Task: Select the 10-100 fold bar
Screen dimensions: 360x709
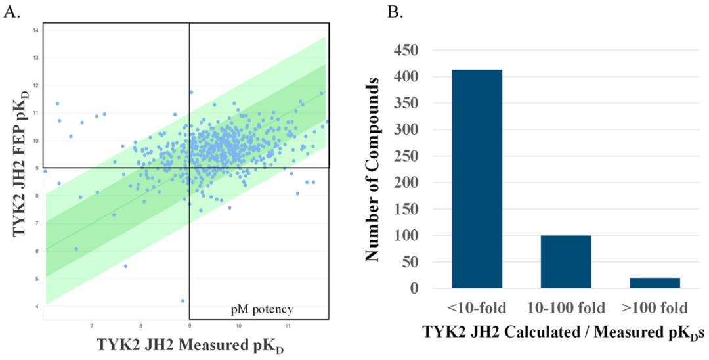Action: (x=566, y=261)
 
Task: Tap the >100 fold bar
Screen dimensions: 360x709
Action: (x=655, y=282)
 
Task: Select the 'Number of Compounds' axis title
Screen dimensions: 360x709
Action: (x=374, y=169)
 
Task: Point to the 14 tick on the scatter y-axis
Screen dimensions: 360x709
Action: (x=37, y=30)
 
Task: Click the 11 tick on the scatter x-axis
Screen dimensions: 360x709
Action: (x=288, y=325)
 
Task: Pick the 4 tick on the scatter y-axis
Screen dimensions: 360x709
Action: (x=38, y=306)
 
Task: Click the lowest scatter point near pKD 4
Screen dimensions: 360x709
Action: (x=183, y=300)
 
